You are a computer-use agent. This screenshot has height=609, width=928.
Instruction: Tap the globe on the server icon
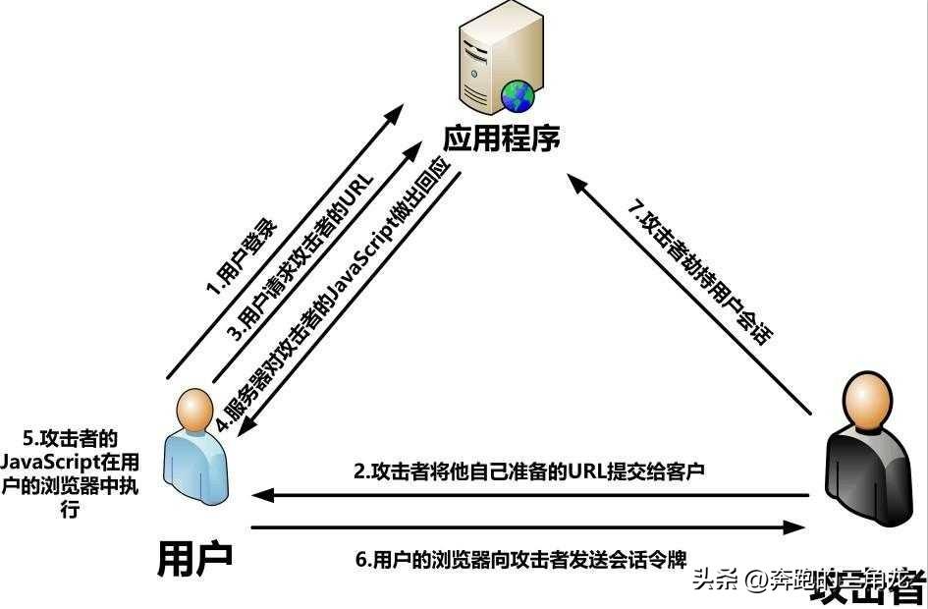[517, 94]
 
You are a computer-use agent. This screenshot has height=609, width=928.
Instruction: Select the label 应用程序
[501, 138]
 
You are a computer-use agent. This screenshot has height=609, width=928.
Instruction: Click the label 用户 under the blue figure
[195, 557]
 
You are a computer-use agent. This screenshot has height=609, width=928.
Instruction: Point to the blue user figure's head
[195, 408]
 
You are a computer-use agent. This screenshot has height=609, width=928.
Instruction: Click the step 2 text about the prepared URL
[530, 471]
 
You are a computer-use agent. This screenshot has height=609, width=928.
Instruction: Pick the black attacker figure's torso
[869, 462]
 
